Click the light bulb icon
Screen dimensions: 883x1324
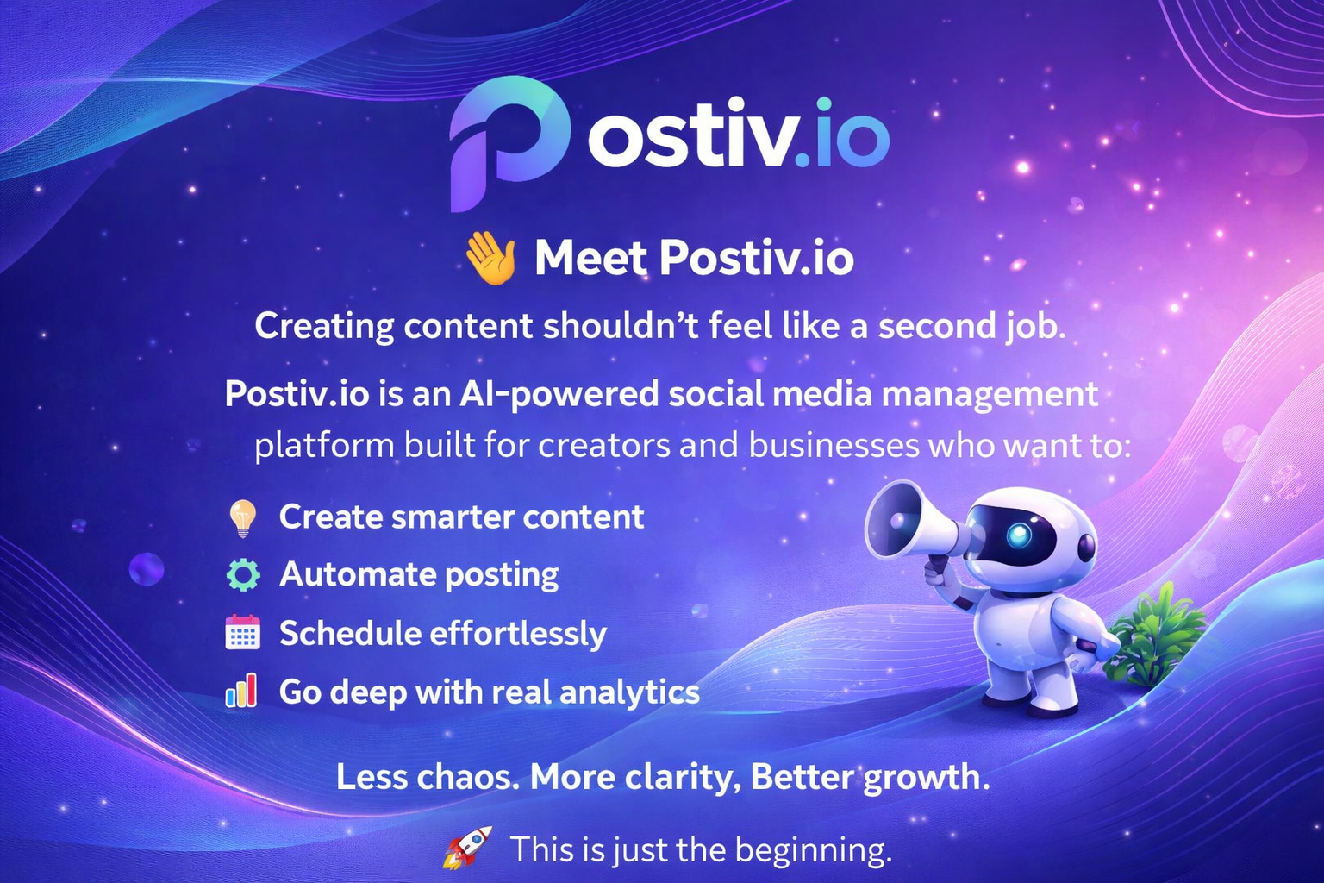pyautogui.click(x=242, y=517)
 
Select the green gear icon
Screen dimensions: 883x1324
pyautogui.click(x=242, y=574)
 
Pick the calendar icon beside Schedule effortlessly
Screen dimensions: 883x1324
pyautogui.click(x=242, y=633)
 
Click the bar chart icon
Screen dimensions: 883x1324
pyautogui.click(x=241, y=692)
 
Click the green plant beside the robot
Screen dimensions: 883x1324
pyautogui.click(x=1155, y=636)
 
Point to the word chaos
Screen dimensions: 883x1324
pyautogui.click(x=468, y=777)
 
